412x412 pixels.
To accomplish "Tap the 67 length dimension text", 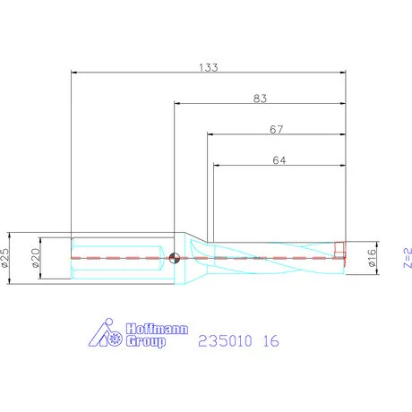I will (x=278, y=128).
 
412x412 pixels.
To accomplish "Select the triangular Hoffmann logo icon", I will (x=108, y=333).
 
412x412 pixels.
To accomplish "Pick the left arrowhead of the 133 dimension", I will (x=73, y=73).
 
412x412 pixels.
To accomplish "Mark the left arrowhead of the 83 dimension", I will (x=177, y=104).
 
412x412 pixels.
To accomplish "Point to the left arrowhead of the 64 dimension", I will (x=217, y=165).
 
